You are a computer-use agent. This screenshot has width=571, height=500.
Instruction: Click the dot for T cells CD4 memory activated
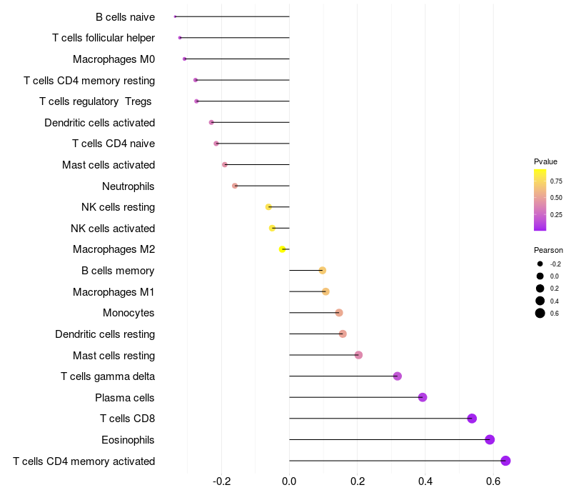505,461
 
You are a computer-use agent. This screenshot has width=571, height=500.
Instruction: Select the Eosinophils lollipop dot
490,439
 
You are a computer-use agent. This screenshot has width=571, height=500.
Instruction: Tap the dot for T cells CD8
472,419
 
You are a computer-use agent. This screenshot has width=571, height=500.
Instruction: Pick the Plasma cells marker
423,397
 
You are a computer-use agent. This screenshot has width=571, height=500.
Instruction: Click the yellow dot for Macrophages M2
283,249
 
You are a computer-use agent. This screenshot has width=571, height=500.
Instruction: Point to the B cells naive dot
175,16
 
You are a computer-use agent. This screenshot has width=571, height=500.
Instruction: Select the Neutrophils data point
235,186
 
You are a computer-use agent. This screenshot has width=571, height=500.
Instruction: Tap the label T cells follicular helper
103,38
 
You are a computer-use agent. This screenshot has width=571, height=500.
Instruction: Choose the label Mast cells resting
113,355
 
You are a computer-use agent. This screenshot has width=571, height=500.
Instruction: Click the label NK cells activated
113,229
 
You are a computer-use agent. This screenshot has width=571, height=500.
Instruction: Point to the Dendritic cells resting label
105,334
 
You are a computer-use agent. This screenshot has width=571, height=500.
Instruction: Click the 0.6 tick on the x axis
493,482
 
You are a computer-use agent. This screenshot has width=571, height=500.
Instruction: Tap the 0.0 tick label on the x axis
289,482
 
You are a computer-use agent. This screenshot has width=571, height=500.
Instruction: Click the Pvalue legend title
545,161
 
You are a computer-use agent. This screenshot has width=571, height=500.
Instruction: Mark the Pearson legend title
548,250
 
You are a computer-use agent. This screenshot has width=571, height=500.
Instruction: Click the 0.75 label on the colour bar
556,181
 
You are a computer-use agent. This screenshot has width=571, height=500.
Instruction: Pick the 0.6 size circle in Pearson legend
540,313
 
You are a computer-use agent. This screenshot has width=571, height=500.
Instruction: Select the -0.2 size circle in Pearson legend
540,264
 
